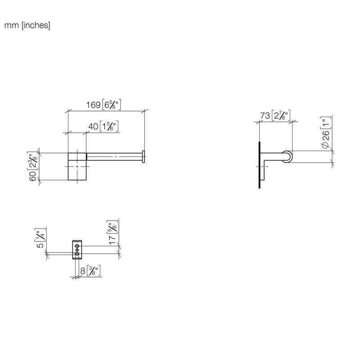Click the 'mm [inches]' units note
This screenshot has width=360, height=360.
pyautogui.click(x=27, y=25)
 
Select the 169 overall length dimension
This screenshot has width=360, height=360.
pyautogui.click(x=93, y=105)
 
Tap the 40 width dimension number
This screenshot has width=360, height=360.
pyautogui.click(x=93, y=126)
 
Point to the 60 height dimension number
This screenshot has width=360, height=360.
pyautogui.click(x=32, y=175)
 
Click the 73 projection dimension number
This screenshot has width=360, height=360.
pyautogui.click(x=265, y=116)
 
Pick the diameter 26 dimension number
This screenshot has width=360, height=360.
pyautogui.click(x=326, y=135)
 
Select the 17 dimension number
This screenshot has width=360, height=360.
pyautogui.click(x=112, y=240)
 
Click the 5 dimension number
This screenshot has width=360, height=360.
pyautogui.click(x=40, y=245)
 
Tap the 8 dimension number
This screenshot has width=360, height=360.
pyautogui.click(x=83, y=271)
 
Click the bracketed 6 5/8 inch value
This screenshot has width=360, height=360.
pyautogui.click(x=111, y=105)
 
